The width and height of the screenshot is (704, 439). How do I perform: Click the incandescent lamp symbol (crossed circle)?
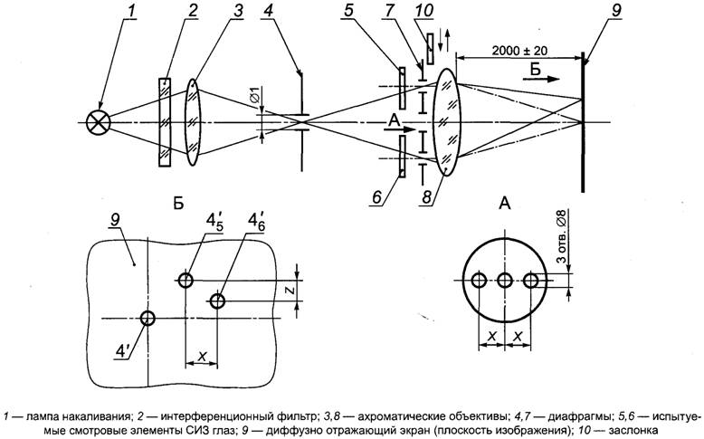(95, 120)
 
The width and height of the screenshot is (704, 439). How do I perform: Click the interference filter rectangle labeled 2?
(164, 121)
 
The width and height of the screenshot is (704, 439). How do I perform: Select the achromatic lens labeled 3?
(193, 121)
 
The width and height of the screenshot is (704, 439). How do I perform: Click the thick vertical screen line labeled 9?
(583, 127)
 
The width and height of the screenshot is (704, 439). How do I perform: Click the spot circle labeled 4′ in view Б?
(147, 318)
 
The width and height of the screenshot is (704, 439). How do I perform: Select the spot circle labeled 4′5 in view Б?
(186, 281)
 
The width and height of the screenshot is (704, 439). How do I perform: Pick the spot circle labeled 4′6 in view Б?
(217, 301)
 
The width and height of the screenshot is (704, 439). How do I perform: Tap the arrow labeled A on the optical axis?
(395, 129)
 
